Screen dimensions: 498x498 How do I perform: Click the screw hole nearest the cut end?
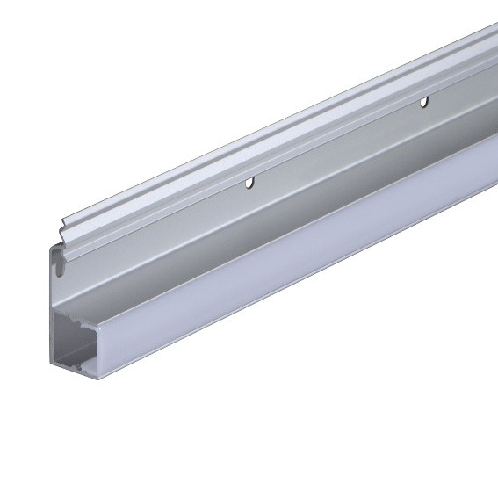249,184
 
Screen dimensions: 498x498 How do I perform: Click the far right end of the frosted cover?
492,158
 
